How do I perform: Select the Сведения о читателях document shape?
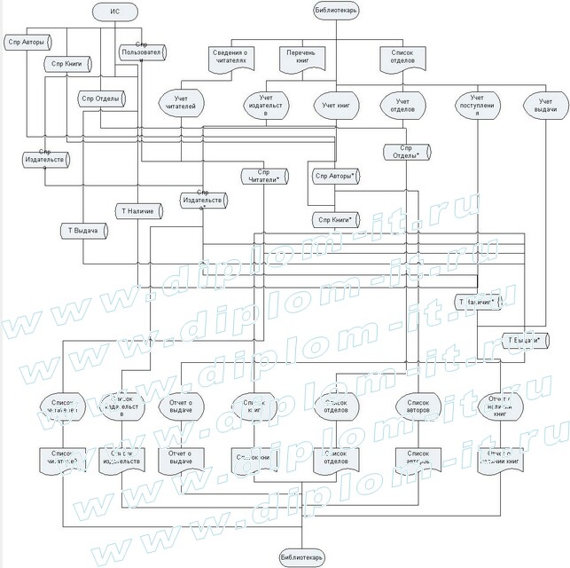(233, 58)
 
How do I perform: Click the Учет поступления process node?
(477, 105)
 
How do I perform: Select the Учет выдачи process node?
(544, 105)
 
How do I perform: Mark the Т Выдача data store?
(82, 229)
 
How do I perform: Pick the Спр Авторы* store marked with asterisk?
(334, 176)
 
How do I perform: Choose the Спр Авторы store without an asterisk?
(27, 41)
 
